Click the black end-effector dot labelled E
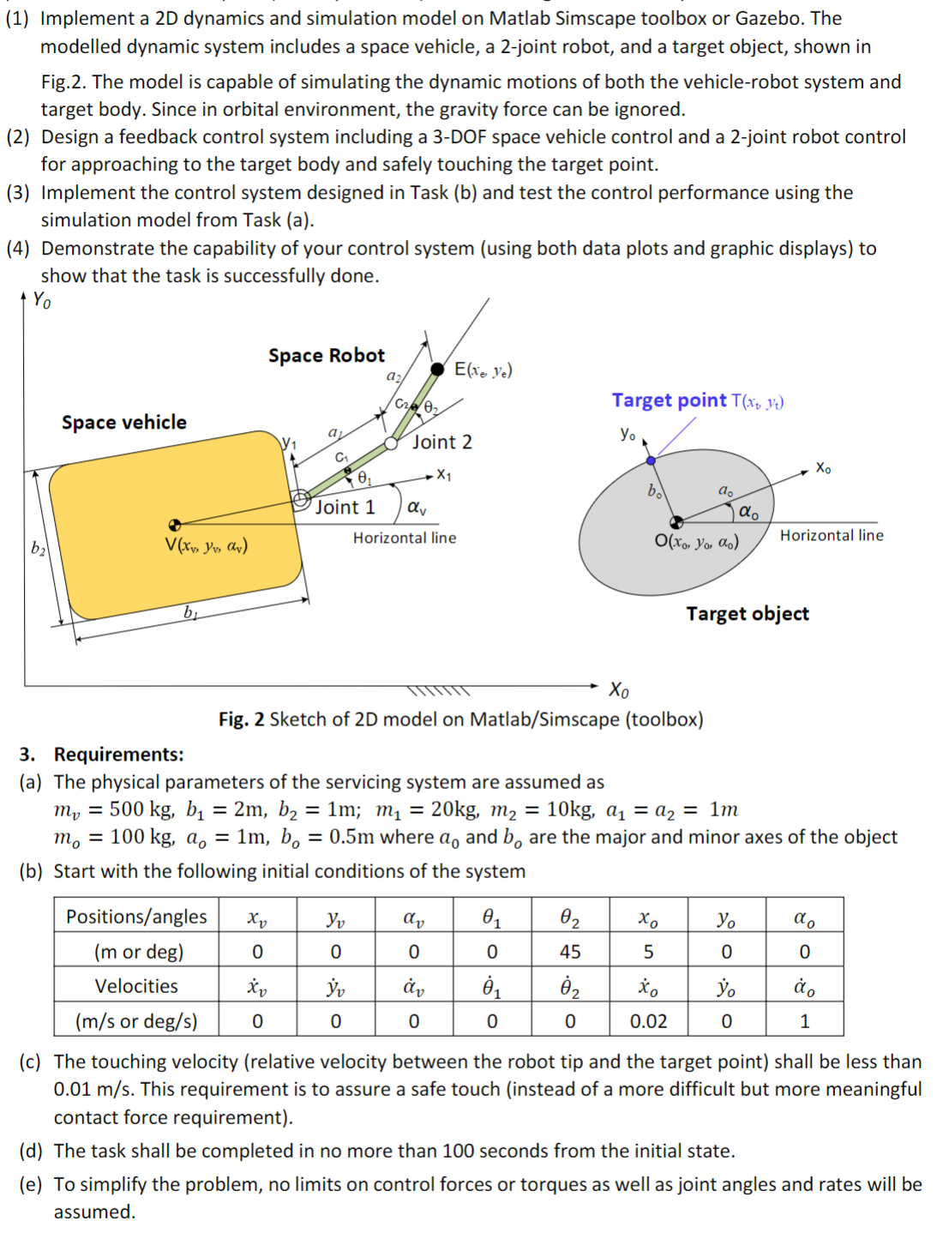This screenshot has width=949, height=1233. (437, 369)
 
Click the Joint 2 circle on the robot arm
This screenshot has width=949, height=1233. (391, 443)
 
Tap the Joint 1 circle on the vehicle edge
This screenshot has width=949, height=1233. (301, 500)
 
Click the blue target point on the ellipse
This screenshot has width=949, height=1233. (651, 460)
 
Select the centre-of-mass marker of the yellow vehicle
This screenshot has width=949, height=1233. (175, 525)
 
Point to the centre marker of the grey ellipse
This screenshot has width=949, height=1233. (676, 521)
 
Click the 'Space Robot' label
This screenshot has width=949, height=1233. (326, 355)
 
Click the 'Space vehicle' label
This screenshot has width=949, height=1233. (123, 422)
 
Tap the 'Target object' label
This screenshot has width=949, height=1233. (747, 613)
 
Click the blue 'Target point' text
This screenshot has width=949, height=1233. (669, 400)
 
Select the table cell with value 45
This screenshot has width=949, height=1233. (569, 951)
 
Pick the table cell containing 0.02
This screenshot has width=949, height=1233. (648, 1020)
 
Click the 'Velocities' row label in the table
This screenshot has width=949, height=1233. (136, 986)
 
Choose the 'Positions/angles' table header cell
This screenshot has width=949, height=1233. (136, 917)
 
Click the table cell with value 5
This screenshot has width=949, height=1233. (648, 951)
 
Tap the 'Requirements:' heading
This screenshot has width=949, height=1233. (118, 754)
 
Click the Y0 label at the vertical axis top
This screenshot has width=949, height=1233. (41, 299)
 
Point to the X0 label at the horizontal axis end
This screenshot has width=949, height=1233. (618, 689)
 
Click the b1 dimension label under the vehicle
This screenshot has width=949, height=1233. (189, 611)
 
